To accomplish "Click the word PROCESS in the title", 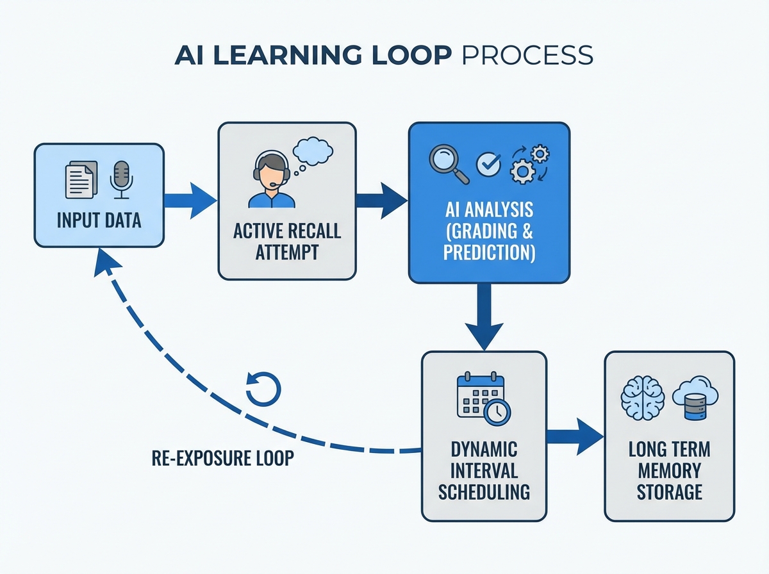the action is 527,55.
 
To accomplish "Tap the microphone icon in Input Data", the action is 122,179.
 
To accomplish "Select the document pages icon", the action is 81,179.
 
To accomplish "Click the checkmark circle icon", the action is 488,164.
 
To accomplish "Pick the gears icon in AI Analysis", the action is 529,163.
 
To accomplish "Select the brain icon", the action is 643,398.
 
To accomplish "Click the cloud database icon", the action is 695,398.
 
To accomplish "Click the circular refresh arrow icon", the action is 263,389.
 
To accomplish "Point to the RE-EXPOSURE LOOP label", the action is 223,458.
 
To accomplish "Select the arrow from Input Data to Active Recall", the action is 190,201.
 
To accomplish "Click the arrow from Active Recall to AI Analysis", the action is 382,201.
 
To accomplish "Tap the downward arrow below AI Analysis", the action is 484,316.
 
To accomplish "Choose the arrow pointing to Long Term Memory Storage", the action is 575,437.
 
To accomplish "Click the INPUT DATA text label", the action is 99,220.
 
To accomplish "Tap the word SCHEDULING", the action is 484,492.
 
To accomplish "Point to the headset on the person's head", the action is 272,167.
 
